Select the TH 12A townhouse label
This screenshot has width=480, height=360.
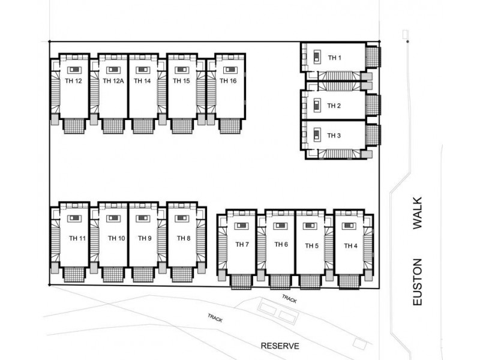[x=113, y=82]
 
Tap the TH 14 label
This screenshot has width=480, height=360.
[x=142, y=82]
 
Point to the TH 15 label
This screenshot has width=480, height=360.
[x=181, y=82]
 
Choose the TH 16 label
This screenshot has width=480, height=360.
[x=227, y=82]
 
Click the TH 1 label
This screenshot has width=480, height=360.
[x=334, y=58]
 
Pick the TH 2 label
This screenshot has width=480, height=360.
[x=334, y=106]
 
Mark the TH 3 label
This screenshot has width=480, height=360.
[x=334, y=136]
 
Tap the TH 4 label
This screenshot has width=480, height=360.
[x=351, y=246]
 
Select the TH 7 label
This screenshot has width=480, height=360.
[x=242, y=244]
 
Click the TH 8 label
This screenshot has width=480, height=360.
[x=184, y=238]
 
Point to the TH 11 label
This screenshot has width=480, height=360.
[x=78, y=238]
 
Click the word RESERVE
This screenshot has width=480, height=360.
[x=280, y=346]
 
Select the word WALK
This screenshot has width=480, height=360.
[x=419, y=214]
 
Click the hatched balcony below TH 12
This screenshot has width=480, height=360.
[x=74, y=126]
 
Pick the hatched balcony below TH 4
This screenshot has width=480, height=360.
[x=349, y=280]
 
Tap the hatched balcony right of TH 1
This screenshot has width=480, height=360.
[x=373, y=58]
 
